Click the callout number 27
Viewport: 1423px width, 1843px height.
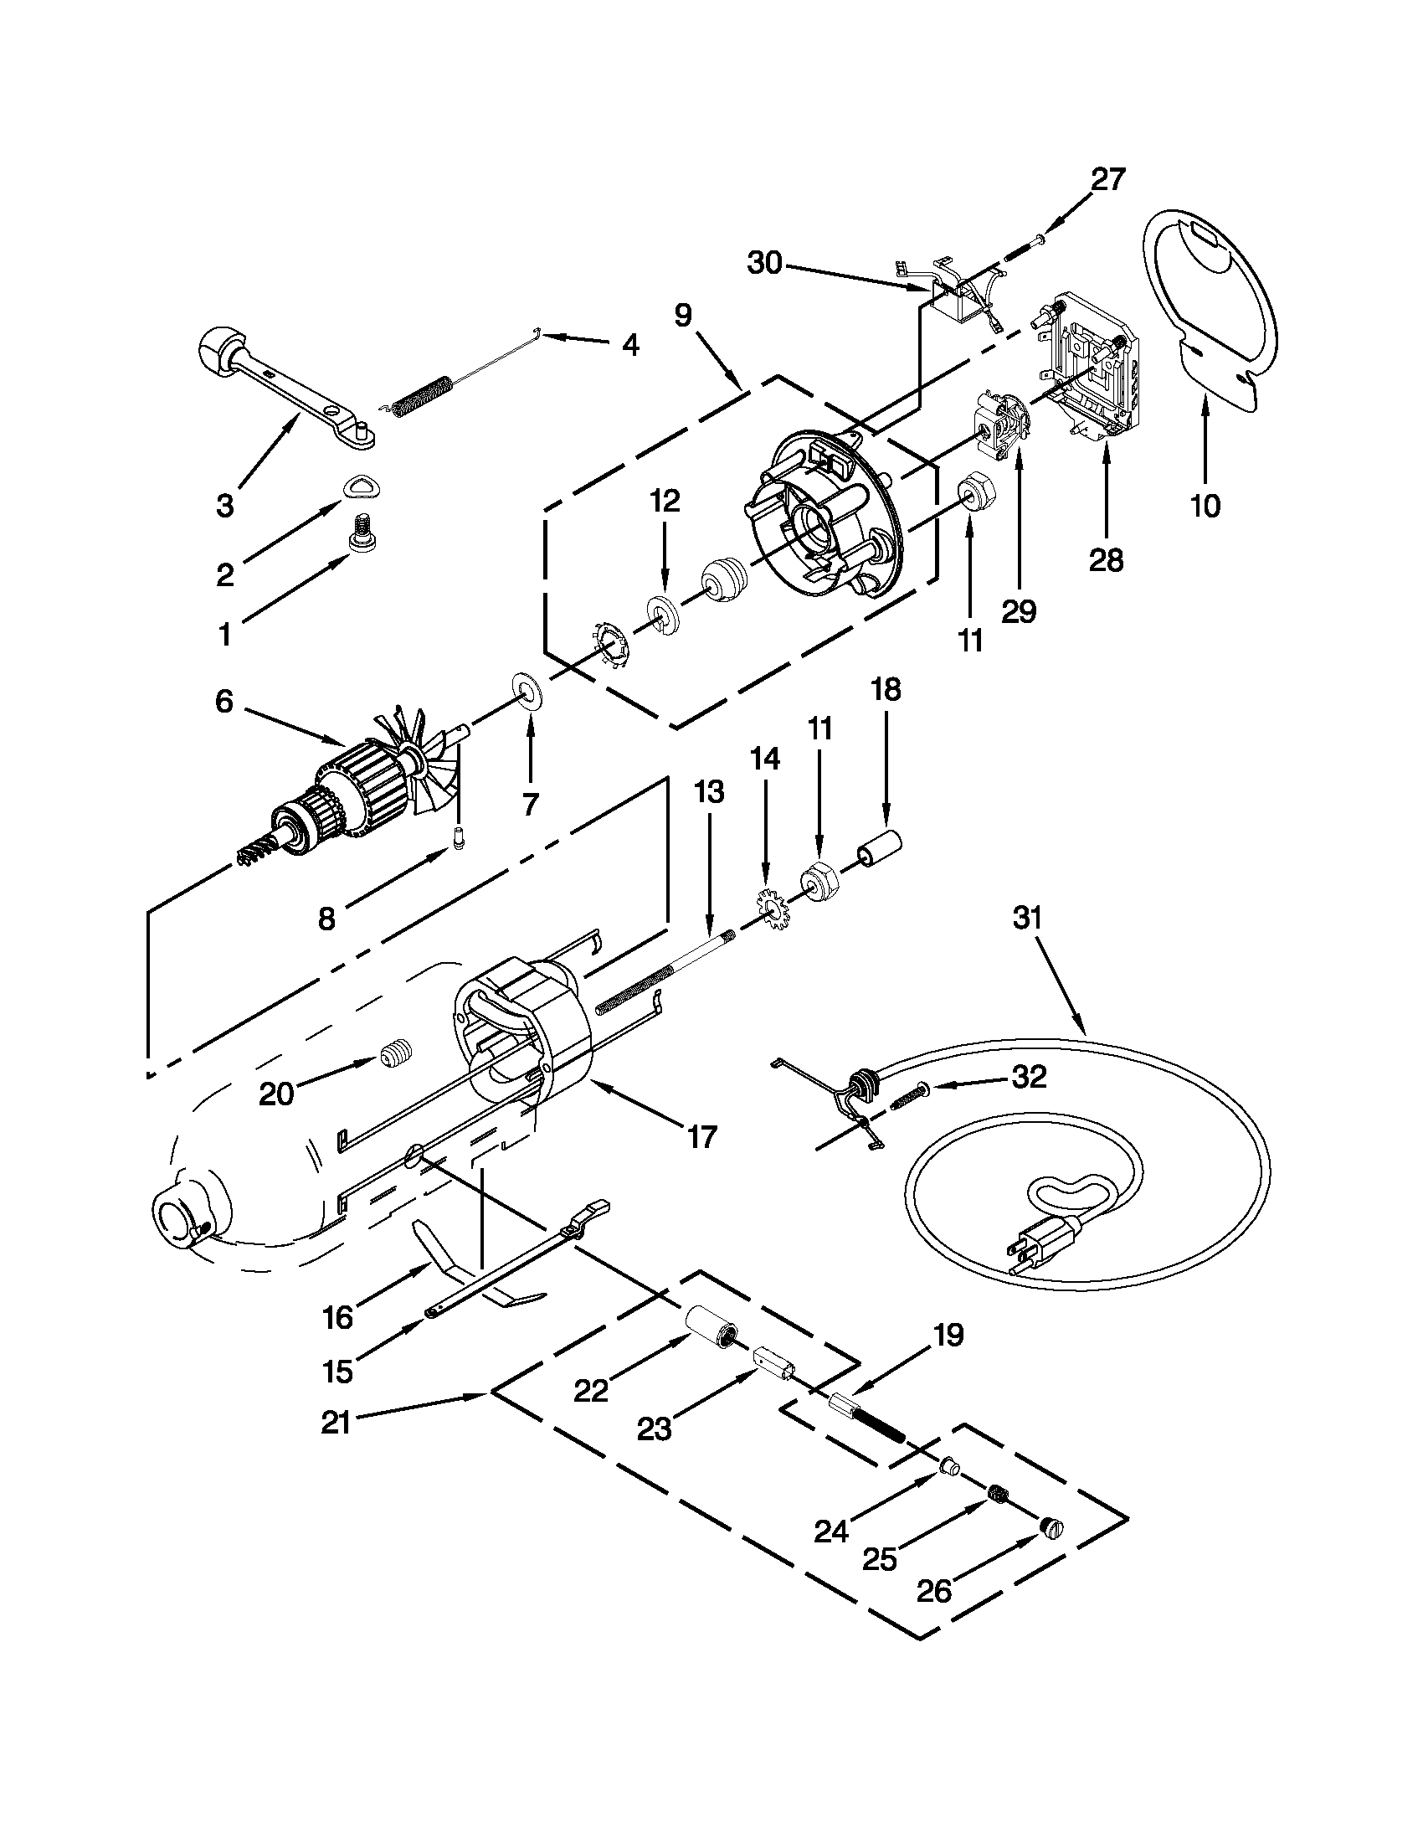pyautogui.click(x=1108, y=179)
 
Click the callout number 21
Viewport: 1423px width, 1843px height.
pyautogui.click(x=336, y=1423)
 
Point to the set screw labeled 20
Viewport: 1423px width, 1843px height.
pyautogui.click(x=392, y=1055)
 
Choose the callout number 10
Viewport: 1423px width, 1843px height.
pyautogui.click(x=1205, y=506)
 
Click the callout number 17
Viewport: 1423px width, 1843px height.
pyautogui.click(x=701, y=1136)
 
